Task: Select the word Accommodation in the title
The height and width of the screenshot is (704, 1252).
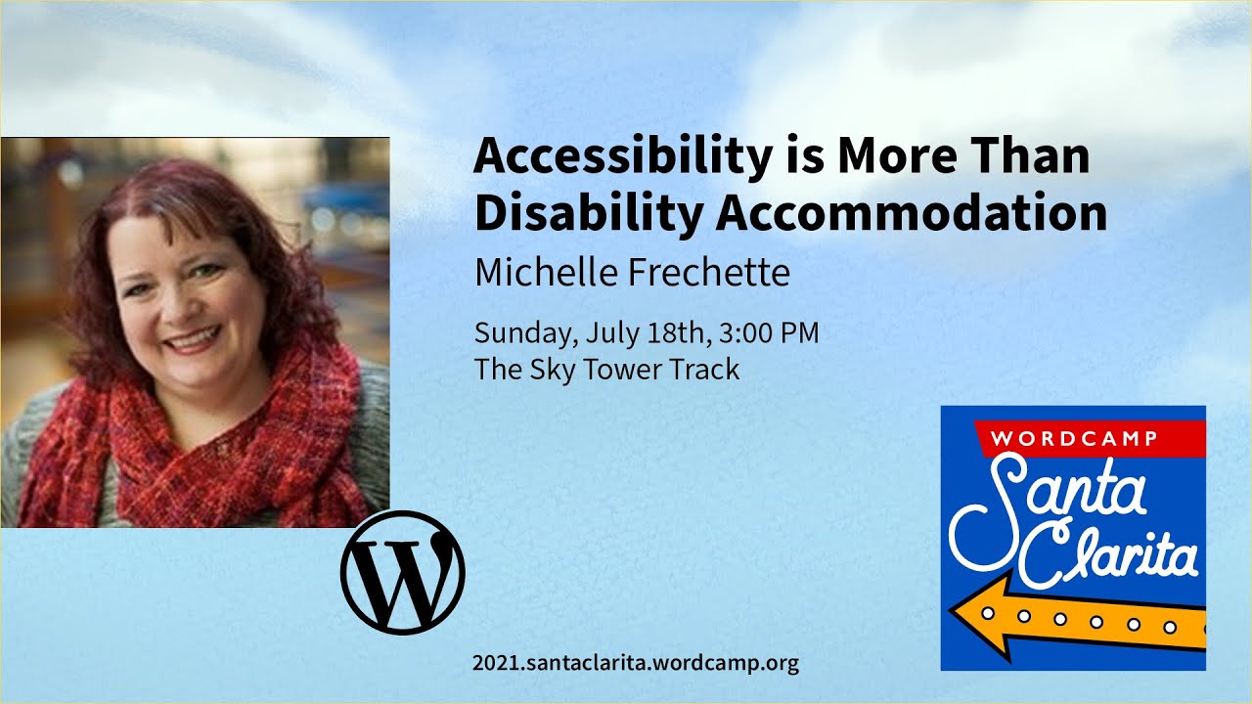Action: coord(912,213)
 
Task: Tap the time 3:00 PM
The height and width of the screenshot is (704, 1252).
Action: coord(769,333)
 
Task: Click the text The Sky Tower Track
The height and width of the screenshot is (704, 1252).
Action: coord(606,370)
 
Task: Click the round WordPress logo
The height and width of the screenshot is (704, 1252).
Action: coord(403,573)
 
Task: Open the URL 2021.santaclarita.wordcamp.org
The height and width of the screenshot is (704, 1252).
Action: coord(636,663)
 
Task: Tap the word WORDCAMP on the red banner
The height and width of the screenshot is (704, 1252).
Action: coord(1074,438)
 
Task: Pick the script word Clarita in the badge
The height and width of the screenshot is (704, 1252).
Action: coord(1115,555)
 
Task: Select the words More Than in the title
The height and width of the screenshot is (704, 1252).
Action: coord(962,157)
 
